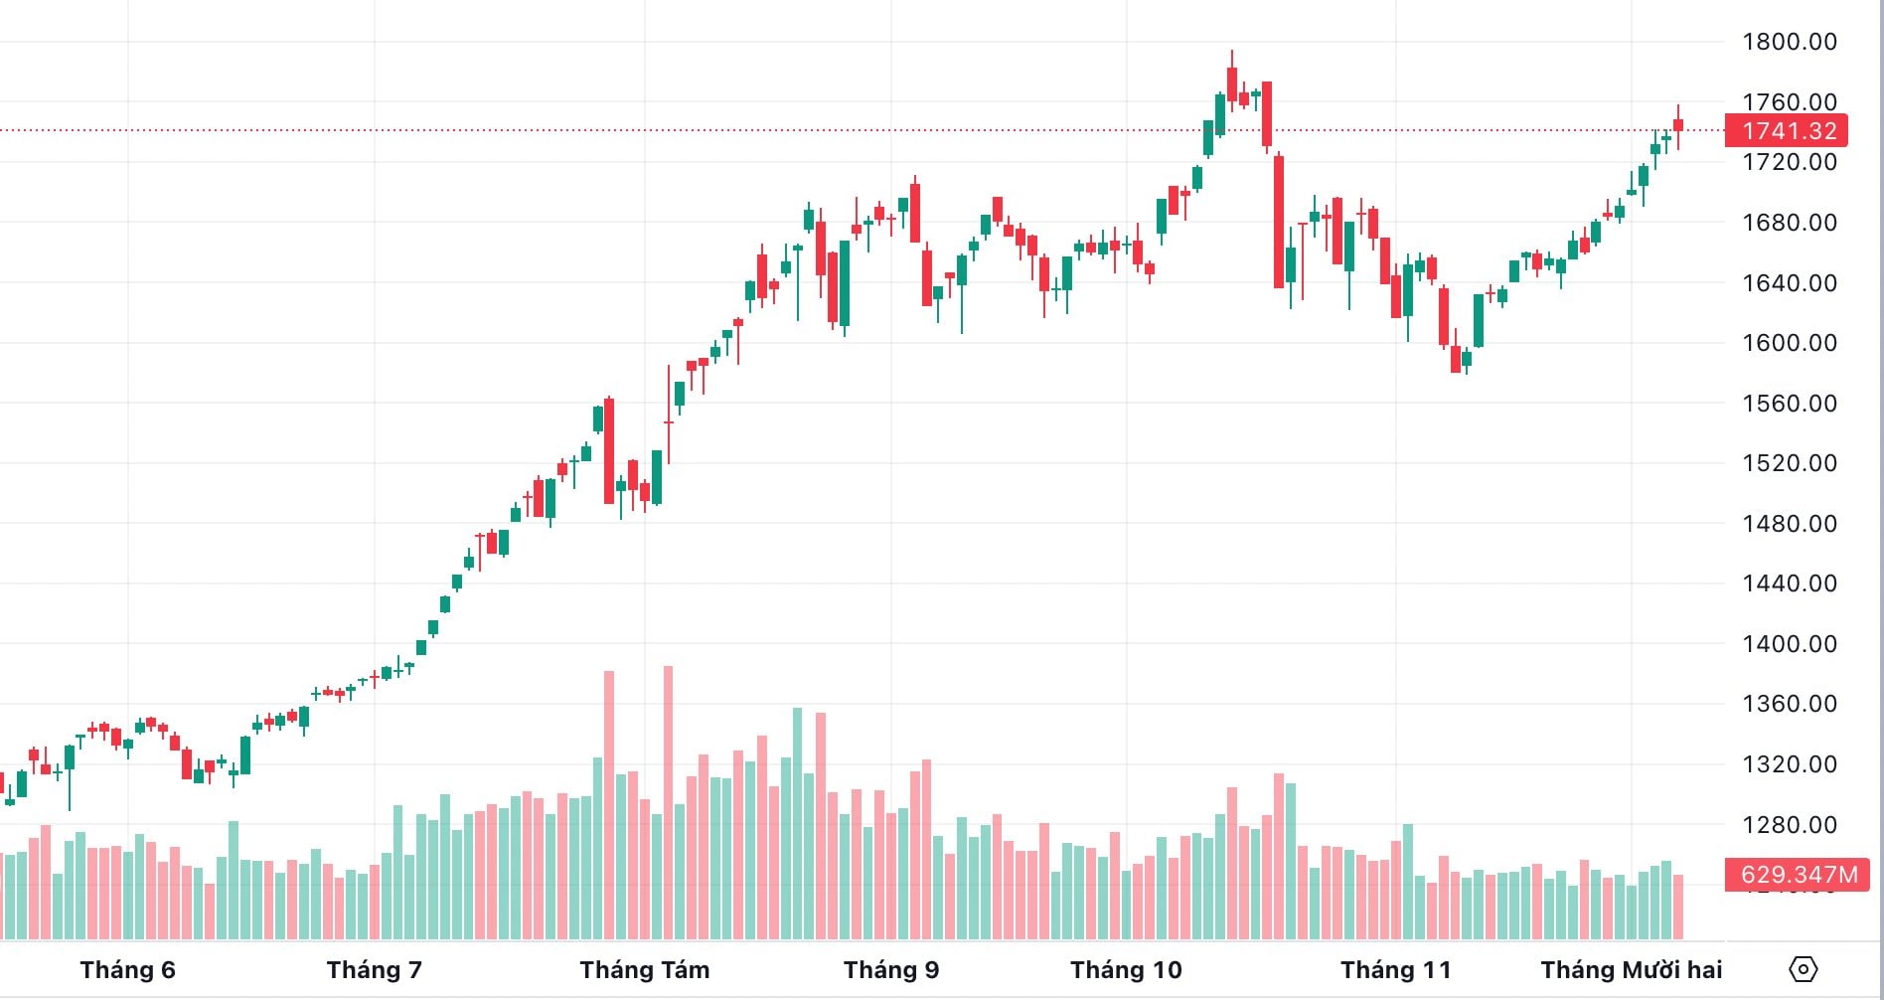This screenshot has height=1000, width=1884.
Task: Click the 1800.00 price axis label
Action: click(x=1789, y=42)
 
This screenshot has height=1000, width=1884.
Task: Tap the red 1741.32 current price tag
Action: click(x=1787, y=130)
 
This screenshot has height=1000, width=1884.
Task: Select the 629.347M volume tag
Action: click(x=1798, y=875)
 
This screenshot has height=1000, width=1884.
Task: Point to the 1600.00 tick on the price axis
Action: click(x=1789, y=343)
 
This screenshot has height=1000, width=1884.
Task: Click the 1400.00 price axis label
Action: click(x=1789, y=644)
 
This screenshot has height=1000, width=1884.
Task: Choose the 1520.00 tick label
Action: click(x=1789, y=463)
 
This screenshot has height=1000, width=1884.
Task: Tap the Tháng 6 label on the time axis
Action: click(x=127, y=970)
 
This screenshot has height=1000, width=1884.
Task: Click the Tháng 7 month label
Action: click(x=374, y=970)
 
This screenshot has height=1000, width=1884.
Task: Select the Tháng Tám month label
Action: click(x=645, y=970)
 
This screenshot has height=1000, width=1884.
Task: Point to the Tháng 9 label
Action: click(x=891, y=970)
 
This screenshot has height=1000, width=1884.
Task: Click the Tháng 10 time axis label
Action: click(x=1126, y=970)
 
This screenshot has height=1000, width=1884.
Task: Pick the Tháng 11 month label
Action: click(x=1395, y=970)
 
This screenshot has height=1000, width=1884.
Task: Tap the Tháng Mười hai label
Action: click(x=1631, y=970)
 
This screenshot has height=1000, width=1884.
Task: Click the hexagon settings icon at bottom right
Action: click(x=1803, y=969)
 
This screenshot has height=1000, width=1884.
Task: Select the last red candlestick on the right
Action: click(x=1678, y=125)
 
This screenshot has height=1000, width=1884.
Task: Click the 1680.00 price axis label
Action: click(x=1789, y=223)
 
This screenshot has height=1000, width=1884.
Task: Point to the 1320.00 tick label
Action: click(x=1789, y=764)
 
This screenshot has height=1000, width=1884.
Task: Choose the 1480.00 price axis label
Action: click(x=1789, y=524)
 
